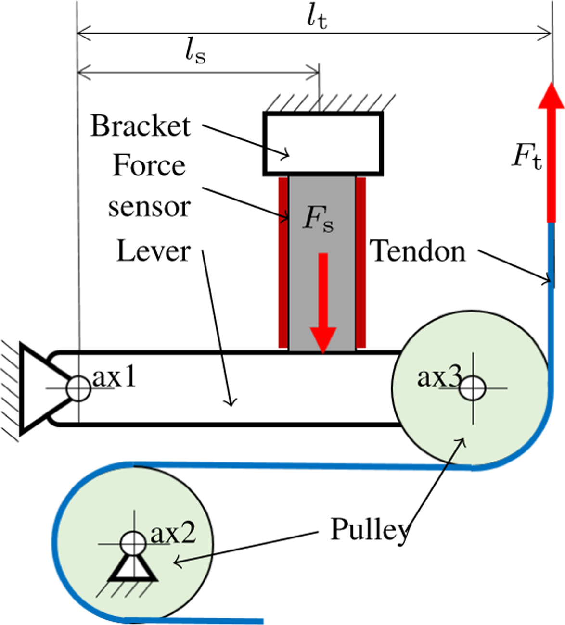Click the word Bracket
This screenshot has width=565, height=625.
141,126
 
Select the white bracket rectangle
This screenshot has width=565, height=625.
323,144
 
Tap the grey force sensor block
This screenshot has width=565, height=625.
322,263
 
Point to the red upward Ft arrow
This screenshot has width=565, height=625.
552,152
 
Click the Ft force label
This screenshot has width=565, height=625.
527,156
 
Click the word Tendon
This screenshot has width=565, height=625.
418,251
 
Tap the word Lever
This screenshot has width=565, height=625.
154,251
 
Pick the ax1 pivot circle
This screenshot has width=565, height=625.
78,388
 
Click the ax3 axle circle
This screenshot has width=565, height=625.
473,388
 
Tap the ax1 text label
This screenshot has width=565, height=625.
114,377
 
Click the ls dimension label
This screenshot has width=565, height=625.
195,54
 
